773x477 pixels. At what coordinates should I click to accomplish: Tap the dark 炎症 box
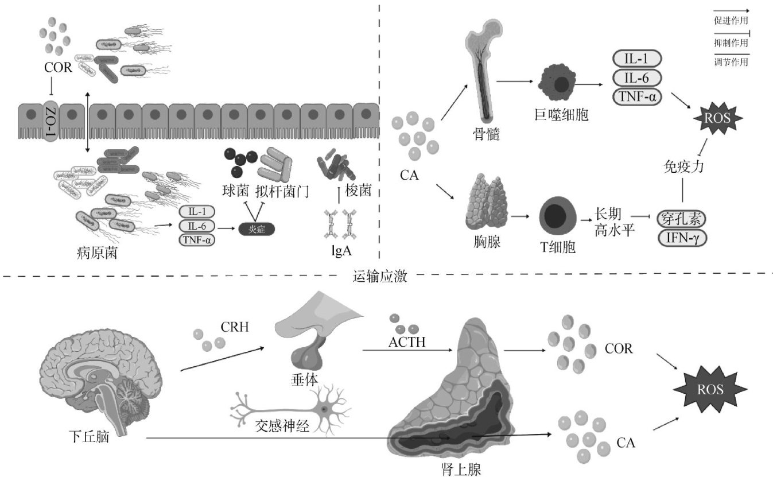(x=257, y=229)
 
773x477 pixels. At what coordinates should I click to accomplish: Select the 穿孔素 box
(x=682, y=218)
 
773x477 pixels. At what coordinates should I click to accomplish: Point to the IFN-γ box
(x=682, y=236)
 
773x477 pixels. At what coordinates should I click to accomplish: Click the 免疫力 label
(x=682, y=168)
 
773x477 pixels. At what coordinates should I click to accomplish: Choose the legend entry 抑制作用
(x=731, y=42)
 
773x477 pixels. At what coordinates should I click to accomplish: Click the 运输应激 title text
(x=379, y=277)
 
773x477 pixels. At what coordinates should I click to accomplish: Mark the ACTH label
(x=406, y=343)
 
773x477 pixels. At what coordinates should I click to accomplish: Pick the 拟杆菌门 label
(x=281, y=191)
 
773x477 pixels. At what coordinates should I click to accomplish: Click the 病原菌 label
(x=97, y=251)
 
